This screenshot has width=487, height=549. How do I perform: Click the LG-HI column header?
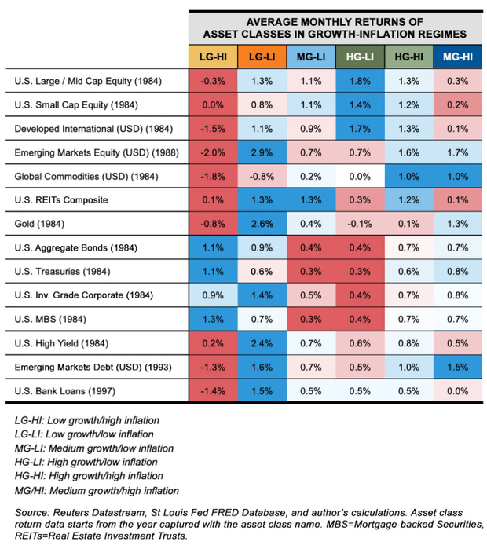point(212,57)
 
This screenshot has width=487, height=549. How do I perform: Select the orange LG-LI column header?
point(261,57)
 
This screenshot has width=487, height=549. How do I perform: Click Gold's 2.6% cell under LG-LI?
point(261,225)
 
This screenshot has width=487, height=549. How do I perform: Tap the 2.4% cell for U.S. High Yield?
point(261,343)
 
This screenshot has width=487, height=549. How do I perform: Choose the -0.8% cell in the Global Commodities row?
point(261,177)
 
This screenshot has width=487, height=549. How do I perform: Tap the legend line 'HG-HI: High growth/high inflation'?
point(92,476)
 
